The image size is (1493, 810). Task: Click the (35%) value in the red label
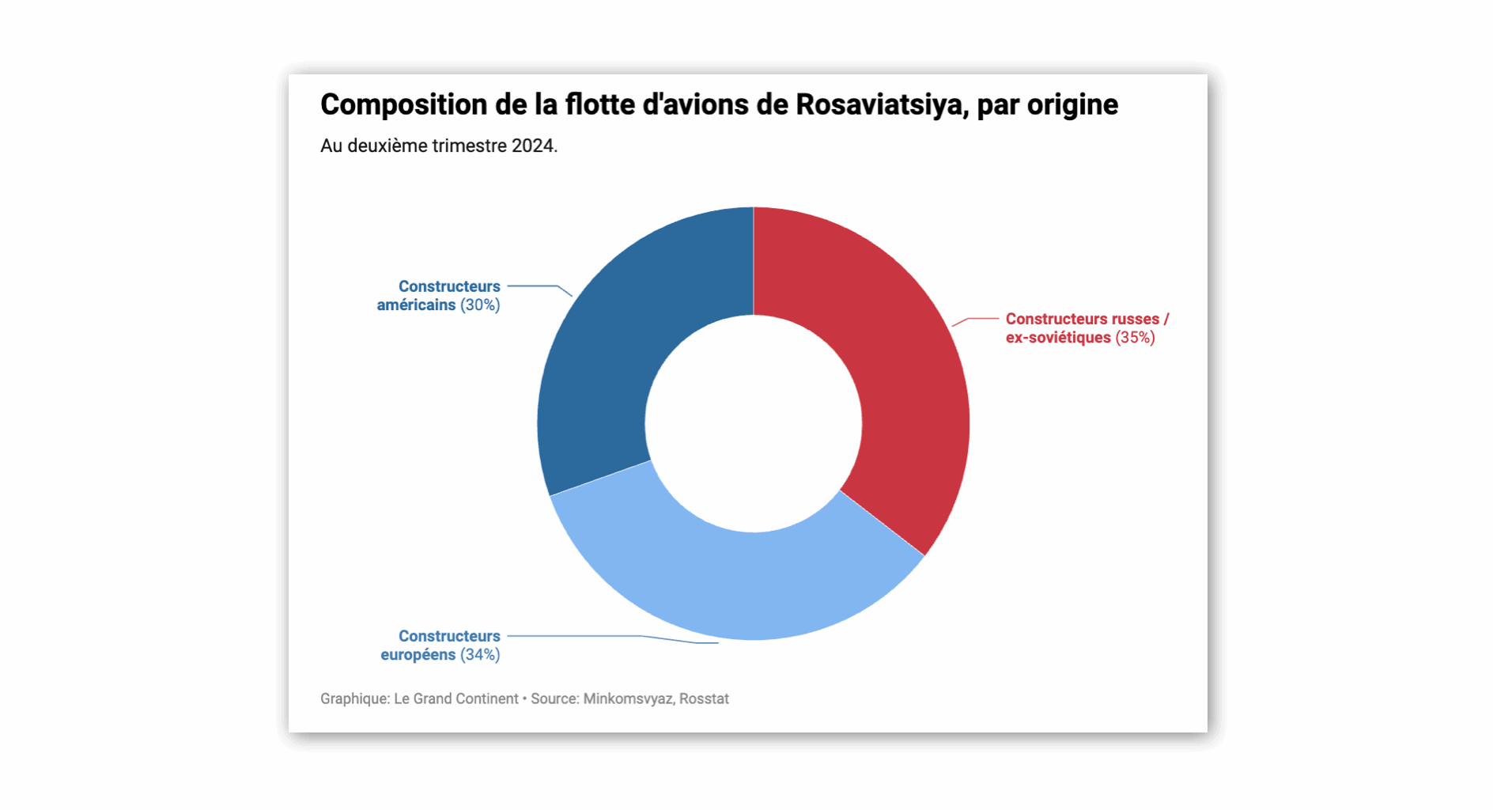point(1135,338)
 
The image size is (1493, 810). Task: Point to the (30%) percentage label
point(480,305)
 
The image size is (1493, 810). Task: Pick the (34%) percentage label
point(480,655)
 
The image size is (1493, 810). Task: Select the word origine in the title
point(1072,104)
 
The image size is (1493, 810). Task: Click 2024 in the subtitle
point(534,146)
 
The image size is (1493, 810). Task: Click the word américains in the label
point(416,305)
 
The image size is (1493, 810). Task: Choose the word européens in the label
point(418,655)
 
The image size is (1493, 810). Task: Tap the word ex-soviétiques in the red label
point(1058,338)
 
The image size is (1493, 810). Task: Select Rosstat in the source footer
point(704,699)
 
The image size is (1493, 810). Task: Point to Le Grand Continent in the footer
point(455,699)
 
